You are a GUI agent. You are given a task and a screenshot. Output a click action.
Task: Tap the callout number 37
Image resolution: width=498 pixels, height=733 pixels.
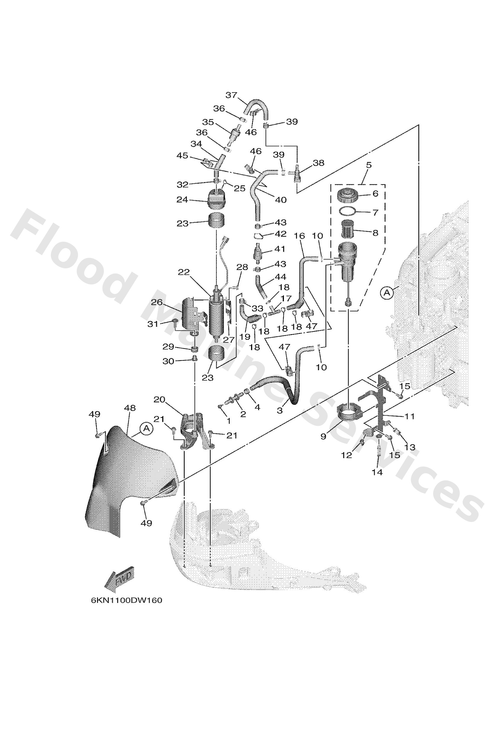(232, 95)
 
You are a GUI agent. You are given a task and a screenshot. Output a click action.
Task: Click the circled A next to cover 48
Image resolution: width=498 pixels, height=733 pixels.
(146, 428)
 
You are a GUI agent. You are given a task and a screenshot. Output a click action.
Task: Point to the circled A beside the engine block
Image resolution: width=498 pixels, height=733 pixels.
(387, 293)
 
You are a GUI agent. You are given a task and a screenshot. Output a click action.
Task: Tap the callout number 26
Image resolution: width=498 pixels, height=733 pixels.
(157, 302)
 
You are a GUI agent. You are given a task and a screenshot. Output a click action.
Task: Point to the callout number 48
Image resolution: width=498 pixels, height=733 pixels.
(130, 408)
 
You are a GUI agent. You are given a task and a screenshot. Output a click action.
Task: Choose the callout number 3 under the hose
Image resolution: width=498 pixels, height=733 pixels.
(280, 411)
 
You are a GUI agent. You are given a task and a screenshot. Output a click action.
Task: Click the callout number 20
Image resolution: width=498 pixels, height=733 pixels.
(159, 399)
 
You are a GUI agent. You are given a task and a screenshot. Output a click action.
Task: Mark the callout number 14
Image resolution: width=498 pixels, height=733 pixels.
(377, 472)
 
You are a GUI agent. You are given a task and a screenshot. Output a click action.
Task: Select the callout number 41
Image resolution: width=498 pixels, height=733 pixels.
(280, 249)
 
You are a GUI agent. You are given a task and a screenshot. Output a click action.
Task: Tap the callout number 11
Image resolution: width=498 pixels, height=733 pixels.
(410, 416)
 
